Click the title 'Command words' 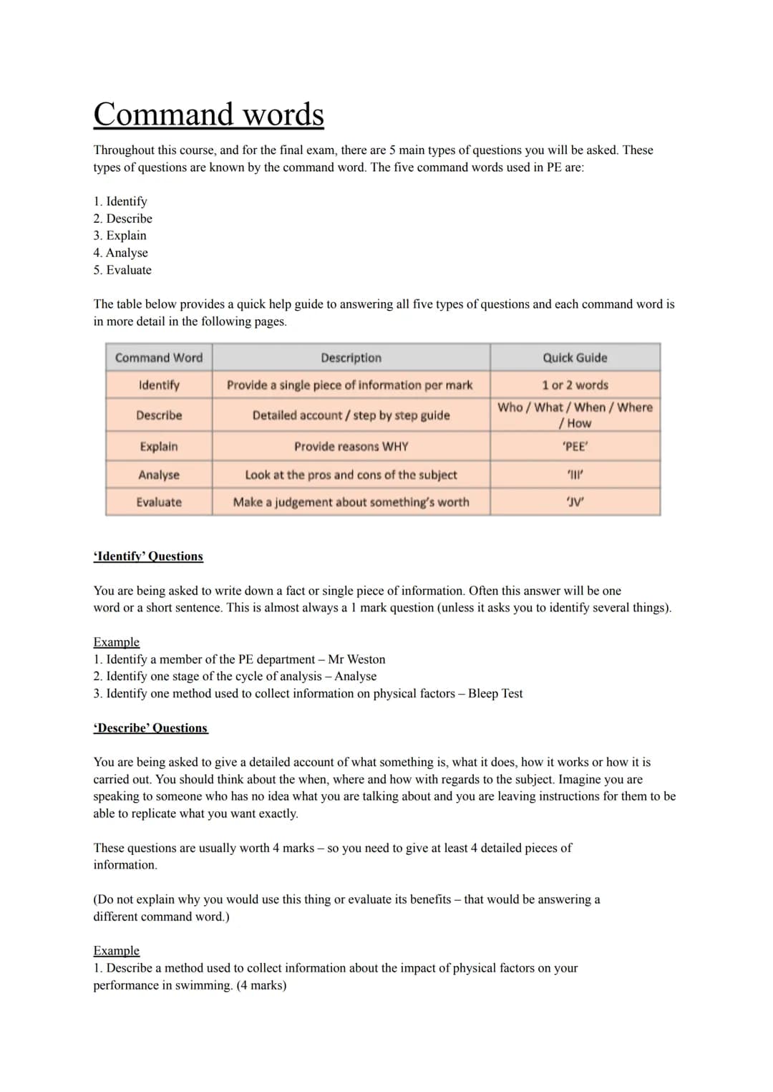click(x=208, y=115)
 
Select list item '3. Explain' click(x=120, y=236)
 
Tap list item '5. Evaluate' click(x=122, y=270)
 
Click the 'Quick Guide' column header click(x=575, y=357)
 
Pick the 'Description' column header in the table click(x=351, y=357)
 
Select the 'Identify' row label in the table click(x=159, y=385)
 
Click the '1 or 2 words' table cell click(x=575, y=385)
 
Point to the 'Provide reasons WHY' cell click(x=351, y=446)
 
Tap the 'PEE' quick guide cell click(x=575, y=446)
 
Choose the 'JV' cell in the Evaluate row click(x=575, y=502)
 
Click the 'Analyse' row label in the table click(x=159, y=475)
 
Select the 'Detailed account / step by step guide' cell click(x=351, y=415)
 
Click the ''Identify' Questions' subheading click(x=148, y=556)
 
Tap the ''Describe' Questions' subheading click(x=150, y=728)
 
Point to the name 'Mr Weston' click(x=356, y=659)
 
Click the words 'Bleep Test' click(x=495, y=694)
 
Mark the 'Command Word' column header click(x=159, y=357)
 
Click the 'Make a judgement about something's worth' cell click(x=351, y=502)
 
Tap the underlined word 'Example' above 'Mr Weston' click(x=116, y=642)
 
